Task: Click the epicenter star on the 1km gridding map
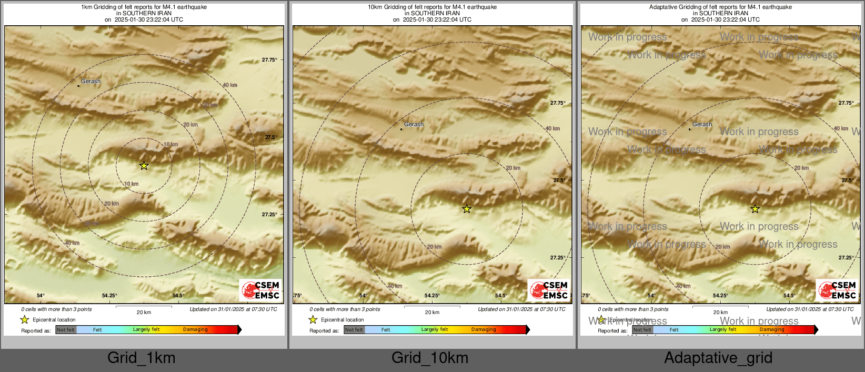(144, 166)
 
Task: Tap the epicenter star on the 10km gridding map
(467, 209)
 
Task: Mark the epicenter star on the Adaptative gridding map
(755, 209)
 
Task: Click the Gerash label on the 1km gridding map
(91, 82)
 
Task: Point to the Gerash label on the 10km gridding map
(414, 125)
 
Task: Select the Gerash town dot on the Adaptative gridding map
(689, 129)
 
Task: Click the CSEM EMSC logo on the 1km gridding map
(260, 290)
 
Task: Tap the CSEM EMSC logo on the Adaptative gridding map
(837, 290)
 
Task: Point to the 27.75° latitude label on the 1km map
(269, 60)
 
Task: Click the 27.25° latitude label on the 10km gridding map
(558, 258)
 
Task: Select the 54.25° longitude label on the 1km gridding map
(109, 296)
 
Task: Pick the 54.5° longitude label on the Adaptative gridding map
(788, 296)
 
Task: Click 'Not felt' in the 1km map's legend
(66, 330)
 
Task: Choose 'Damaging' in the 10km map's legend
(484, 330)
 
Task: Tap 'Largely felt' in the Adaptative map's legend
(723, 330)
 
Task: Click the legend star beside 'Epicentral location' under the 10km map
(313, 319)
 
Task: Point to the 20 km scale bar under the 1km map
(144, 307)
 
